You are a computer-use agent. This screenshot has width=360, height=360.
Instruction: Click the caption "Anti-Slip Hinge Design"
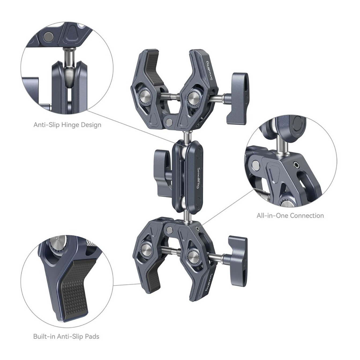[67, 125]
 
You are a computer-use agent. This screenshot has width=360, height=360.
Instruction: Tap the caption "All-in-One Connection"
[290, 216]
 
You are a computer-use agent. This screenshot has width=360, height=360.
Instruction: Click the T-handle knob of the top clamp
[238, 98]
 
